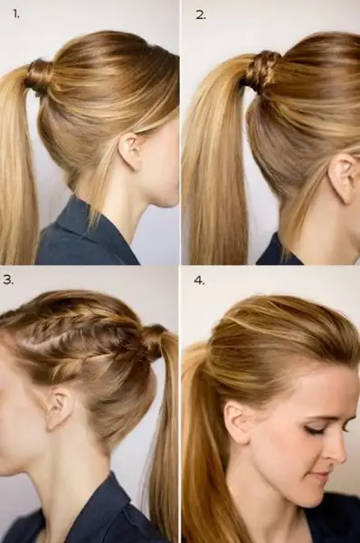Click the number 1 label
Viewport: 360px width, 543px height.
click(16, 14)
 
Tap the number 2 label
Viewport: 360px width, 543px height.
click(201, 14)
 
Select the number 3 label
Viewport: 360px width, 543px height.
click(8, 281)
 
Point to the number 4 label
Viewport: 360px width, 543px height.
click(199, 281)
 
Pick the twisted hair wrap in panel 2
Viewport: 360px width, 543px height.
click(261, 70)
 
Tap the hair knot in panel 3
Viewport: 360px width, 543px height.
click(153, 341)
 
